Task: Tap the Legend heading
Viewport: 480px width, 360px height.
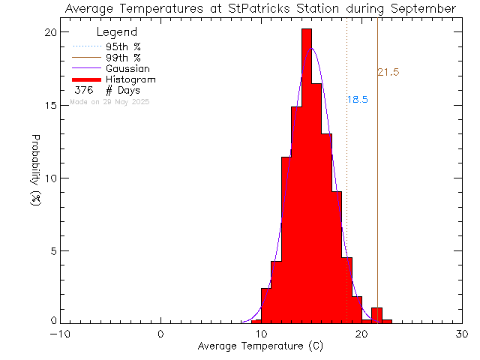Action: tap(117, 32)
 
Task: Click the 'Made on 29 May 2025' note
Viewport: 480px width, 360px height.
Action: tap(109, 101)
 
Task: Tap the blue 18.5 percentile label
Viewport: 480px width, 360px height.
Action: tap(357, 100)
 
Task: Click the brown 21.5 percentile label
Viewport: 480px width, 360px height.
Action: tap(388, 73)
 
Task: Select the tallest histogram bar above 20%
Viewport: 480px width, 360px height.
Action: tap(306, 172)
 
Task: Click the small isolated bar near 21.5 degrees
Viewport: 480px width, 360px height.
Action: tap(376, 315)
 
